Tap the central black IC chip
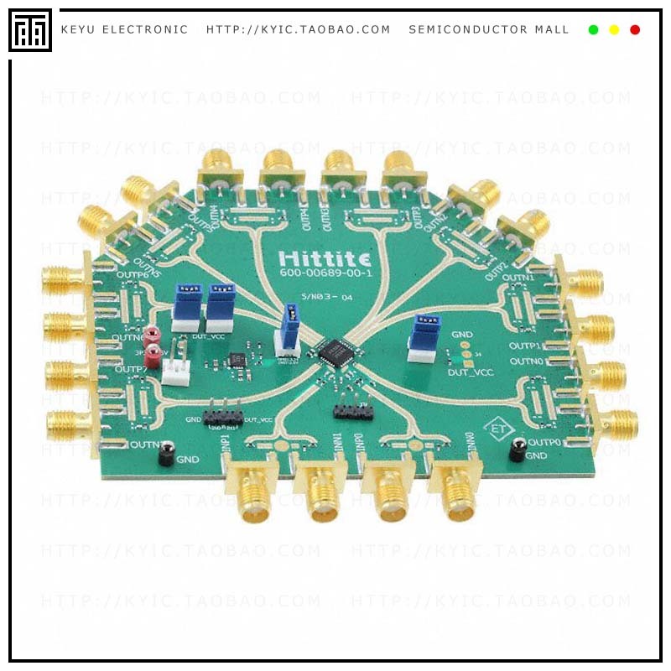point(335,348)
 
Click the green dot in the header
point(593,29)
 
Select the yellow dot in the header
point(614,29)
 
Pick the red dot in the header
point(635,29)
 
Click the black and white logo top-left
point(30,30)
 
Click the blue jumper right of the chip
point(424,336)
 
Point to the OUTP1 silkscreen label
point(526,346)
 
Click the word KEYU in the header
point(77,29)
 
